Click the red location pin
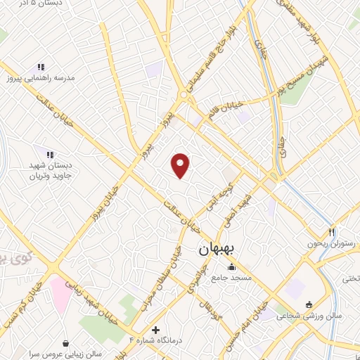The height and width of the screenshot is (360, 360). coord(181,165)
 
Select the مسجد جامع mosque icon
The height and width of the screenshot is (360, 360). coord(231,267)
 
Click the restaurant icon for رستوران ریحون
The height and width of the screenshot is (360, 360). coord(332,232)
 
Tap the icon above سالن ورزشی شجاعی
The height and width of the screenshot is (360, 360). coord(309,304)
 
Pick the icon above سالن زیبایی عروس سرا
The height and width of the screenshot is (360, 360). coord(65,343)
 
